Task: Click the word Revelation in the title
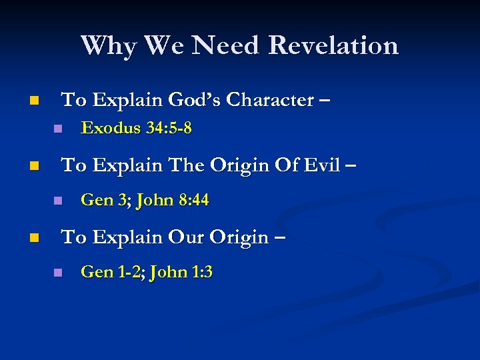pos(333,45)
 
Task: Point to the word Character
pos(270,100)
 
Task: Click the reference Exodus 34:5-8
pos(136,129)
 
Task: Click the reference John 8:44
pos(173,200)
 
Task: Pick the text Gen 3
pos(105,200)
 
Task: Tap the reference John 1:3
pos(182,272)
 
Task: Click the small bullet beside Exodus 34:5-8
pos(58,129)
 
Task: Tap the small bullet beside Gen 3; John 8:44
pos(58,201)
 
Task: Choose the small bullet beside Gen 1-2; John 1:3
pos(58,273)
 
